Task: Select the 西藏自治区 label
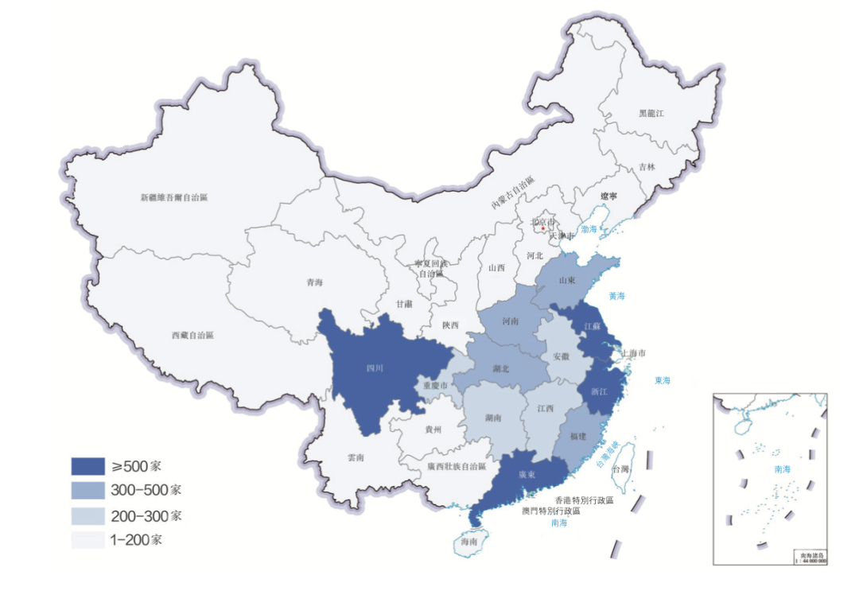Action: (192, 336)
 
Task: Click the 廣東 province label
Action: (527, 474)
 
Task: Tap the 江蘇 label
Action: (592, 326)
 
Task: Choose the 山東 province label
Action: (566, 281)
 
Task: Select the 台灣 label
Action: (621, 469)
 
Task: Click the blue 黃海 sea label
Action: (617, 296)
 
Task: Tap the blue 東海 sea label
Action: (663, 380)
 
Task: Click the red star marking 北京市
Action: (543, 229)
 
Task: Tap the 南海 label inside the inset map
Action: (783, 470)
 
